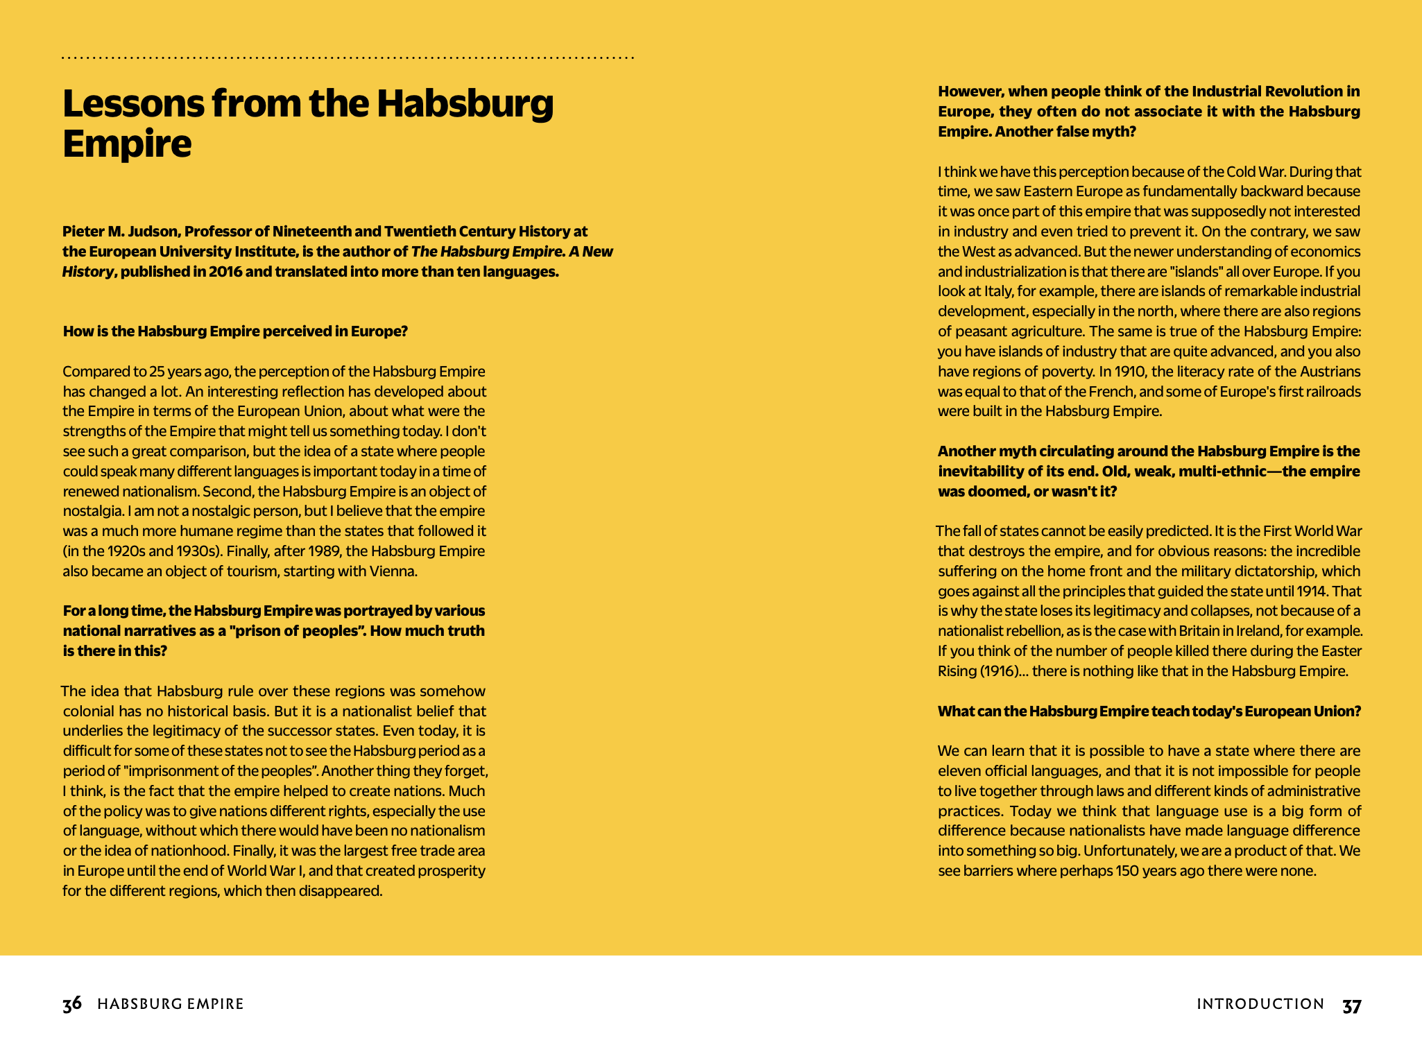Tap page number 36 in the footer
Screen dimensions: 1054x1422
72,1004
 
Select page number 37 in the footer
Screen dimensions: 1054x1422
1351,1005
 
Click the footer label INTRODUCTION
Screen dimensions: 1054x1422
1260,1004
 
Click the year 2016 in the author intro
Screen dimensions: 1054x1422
225,272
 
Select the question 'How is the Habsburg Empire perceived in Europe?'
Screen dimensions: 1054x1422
235,331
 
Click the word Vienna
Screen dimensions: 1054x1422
394,571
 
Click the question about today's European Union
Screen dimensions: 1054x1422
1149,711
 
